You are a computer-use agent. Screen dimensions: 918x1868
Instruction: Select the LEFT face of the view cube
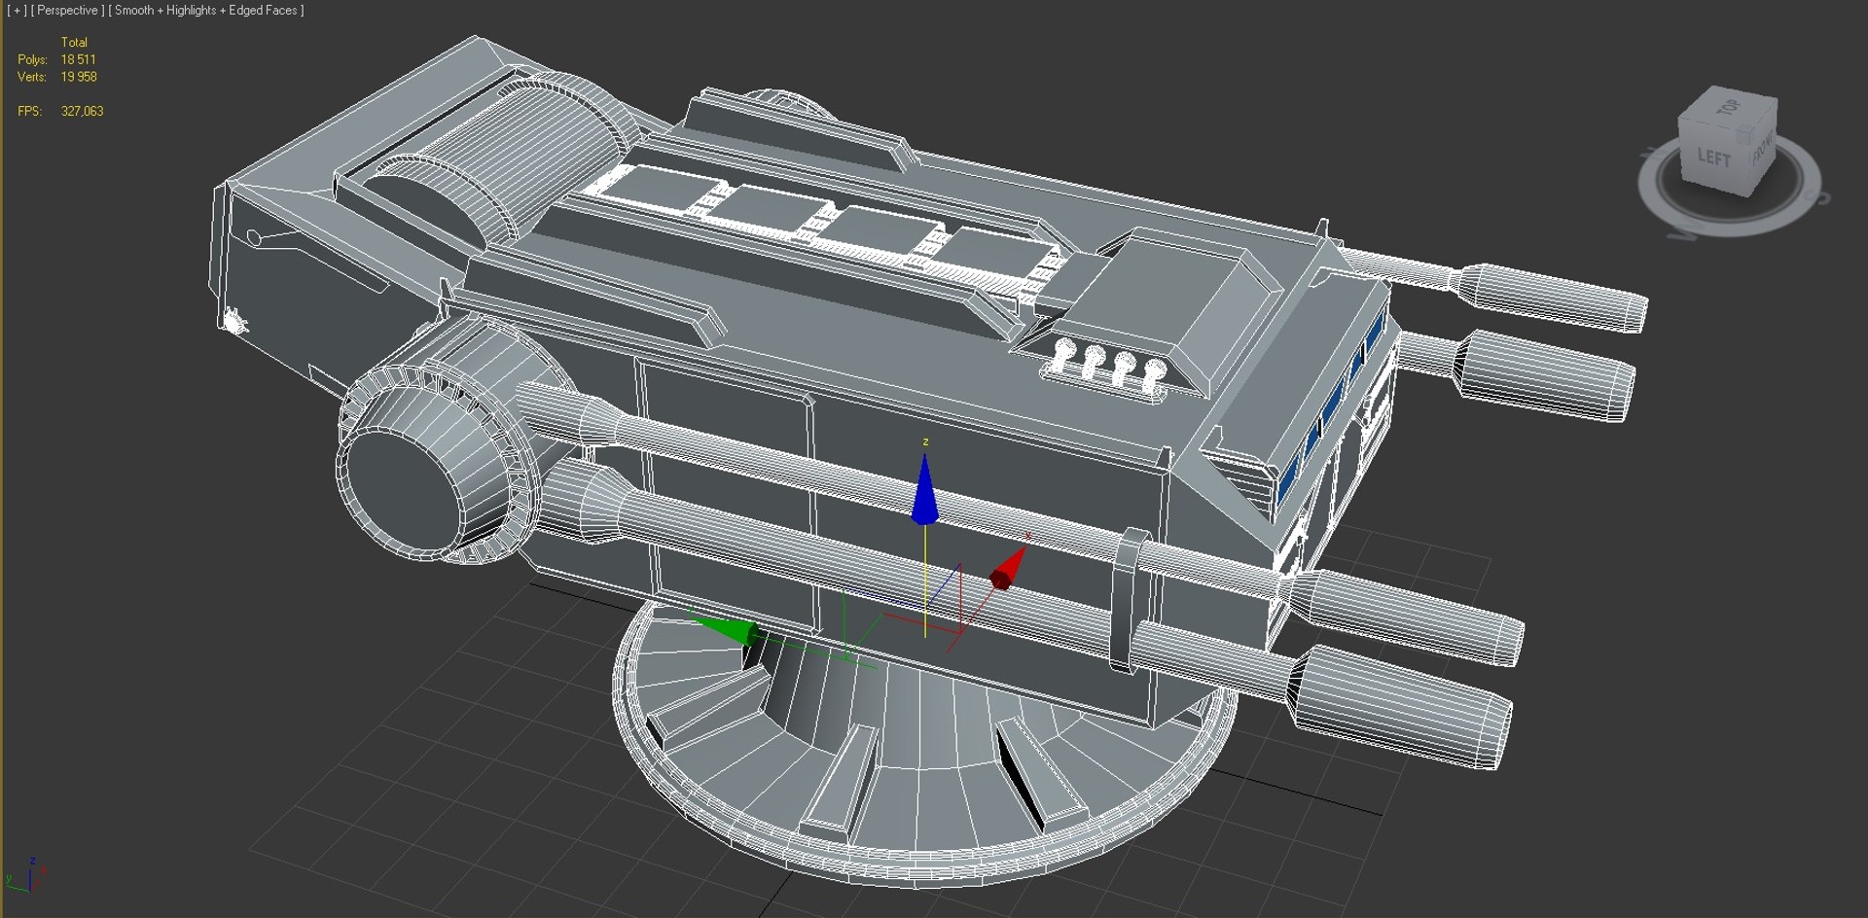coord(1714,158)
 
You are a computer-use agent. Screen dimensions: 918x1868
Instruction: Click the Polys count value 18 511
coord(78,59)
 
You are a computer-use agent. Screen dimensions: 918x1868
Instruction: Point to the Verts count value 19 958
coord(79,77)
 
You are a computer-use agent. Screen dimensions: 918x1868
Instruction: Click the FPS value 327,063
coord(82,112)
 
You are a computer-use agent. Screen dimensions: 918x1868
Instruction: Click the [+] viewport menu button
coord(17,11)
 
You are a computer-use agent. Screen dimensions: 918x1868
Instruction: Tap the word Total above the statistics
coord(74,43)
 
